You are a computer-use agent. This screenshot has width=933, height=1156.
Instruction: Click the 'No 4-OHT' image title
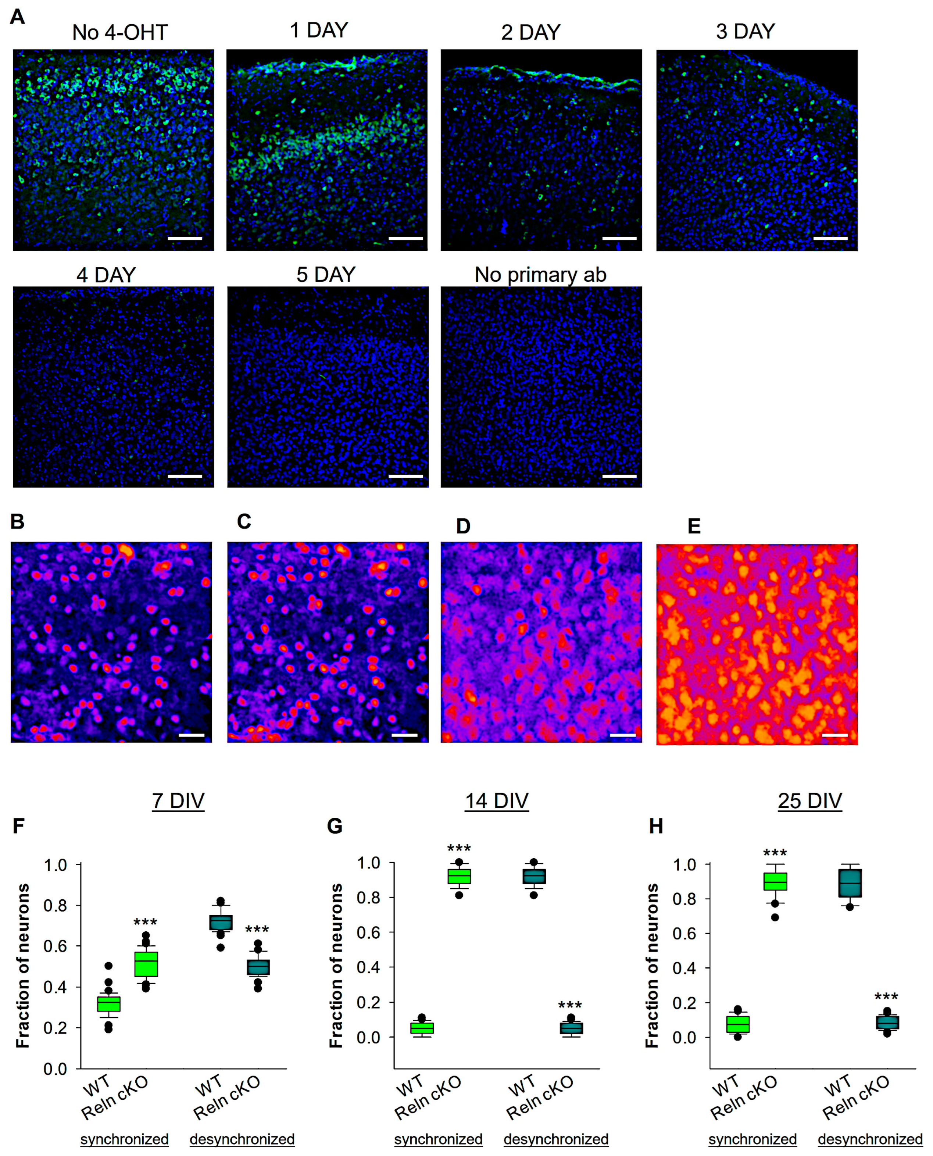[x=119, y=33]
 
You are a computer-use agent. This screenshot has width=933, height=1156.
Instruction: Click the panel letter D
[x=463, y=526]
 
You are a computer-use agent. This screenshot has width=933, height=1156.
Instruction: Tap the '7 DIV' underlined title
[x=178, y=801]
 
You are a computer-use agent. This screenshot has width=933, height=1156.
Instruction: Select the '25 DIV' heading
[x=809, y=801]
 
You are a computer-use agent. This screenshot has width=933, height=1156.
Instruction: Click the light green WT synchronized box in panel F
[x=108, y=1004]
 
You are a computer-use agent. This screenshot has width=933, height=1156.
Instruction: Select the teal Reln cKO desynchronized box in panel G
[x=571, y=1028]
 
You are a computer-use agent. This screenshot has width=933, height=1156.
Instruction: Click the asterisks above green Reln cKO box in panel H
[x=775, y=853]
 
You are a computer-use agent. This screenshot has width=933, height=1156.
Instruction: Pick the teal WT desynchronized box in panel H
[x=850, y=883]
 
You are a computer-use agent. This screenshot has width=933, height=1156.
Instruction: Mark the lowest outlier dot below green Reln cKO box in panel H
[x=775, y=917]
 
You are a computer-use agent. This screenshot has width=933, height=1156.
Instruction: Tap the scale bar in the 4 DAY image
[x=185, y=476]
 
